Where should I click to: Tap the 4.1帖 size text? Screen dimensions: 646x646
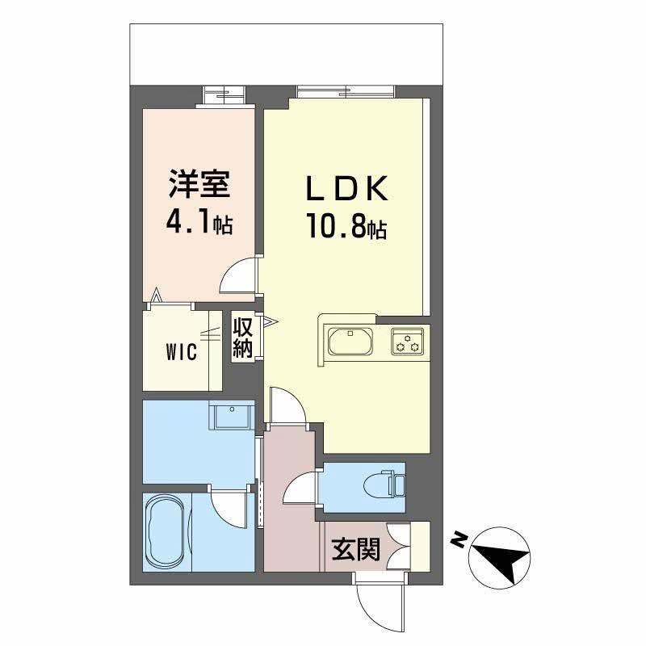199,223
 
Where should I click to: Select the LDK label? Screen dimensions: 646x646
346,189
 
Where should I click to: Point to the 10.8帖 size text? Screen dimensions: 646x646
346,228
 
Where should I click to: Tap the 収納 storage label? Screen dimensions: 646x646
243,338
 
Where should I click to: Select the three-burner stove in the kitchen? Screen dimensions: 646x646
407,342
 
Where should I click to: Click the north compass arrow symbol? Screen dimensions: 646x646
500,556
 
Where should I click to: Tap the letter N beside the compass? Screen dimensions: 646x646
458,539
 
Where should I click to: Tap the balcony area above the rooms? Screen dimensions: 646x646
287,52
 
